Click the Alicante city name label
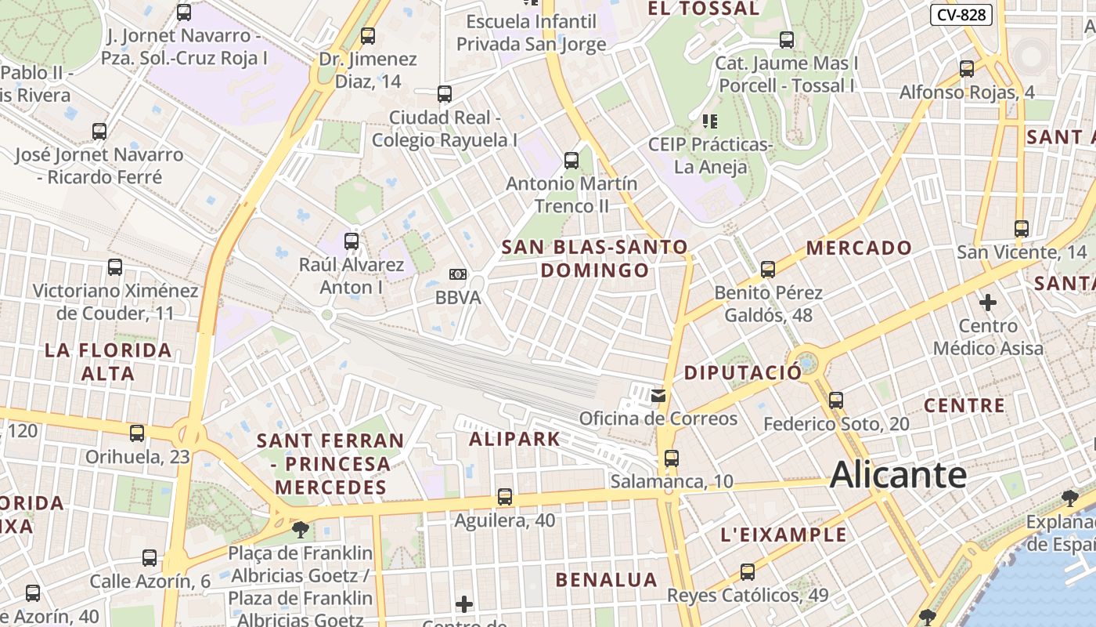898,475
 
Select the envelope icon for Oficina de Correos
658,396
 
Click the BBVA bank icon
457,274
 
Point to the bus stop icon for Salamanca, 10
671,458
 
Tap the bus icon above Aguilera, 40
505,497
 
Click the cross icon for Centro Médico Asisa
988,302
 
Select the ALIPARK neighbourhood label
515,439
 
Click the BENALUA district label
606,580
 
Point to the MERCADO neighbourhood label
859,248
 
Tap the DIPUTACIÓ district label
743,372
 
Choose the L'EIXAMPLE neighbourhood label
783,535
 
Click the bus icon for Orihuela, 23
137,433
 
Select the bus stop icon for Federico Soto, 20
836,400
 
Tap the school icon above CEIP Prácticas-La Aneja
710,121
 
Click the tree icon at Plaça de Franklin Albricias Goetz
300,530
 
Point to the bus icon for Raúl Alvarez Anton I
352,241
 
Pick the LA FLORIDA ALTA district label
108,361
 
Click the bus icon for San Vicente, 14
1022,229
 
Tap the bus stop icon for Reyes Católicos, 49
748,572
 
